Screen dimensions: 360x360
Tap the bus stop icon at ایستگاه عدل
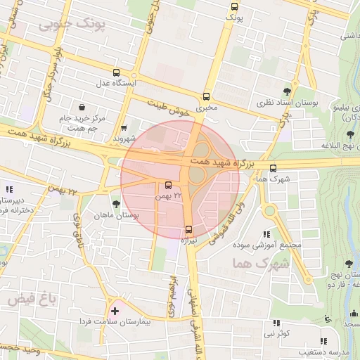116,72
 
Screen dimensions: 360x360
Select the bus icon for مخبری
207,96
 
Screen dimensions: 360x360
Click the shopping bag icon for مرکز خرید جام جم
83,108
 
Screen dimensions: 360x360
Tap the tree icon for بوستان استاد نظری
286,91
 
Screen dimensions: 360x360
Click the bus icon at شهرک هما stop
274,167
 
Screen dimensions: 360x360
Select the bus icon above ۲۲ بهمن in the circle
167,186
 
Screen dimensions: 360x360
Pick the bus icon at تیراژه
188,229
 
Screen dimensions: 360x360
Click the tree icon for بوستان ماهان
116,203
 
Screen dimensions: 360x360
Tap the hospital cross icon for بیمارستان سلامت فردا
115,310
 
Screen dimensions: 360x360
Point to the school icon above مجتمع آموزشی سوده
266,234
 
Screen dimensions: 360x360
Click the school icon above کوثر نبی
276,323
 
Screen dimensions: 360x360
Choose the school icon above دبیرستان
9,189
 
